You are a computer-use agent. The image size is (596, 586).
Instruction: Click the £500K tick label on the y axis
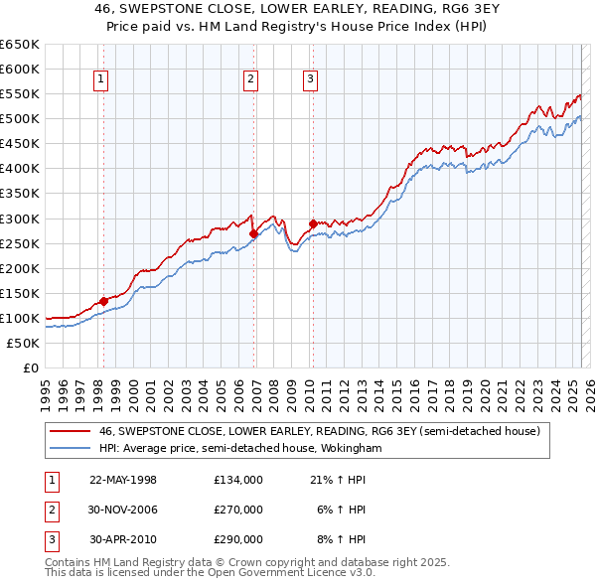[x=20, y=118]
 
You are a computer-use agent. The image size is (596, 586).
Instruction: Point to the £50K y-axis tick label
[x=23, y=343]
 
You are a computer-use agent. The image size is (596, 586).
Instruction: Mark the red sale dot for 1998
[x=103, y=300]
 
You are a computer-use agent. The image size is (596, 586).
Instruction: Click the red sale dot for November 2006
[x=253, y=233]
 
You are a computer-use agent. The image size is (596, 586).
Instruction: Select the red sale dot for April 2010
[x=313, y=223]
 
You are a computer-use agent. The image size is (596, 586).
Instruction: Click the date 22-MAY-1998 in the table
[x=123, y=480]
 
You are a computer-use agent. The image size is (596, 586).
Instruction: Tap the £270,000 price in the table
[x=238, y=510]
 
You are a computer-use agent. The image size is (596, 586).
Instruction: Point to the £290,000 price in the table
[x=238, y=539]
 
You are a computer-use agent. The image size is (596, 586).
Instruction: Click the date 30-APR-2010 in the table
[x=123, y=539]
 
